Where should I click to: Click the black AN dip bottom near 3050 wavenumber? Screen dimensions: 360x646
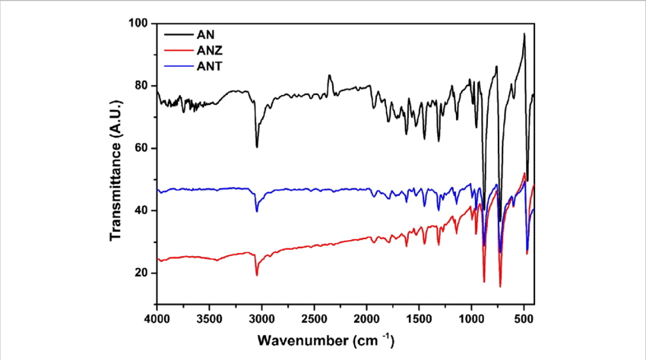(257, 147)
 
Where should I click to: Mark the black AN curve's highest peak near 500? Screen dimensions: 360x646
(524, 34)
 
